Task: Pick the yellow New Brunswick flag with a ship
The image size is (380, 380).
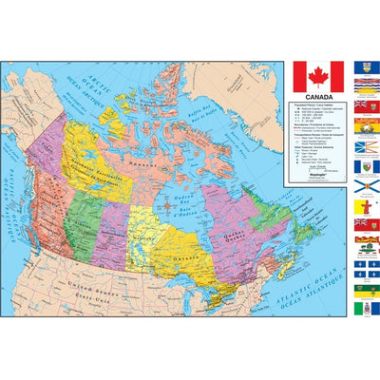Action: click(x=361, y=124)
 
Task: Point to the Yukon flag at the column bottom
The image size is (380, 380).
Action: click(x=361, y=308)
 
